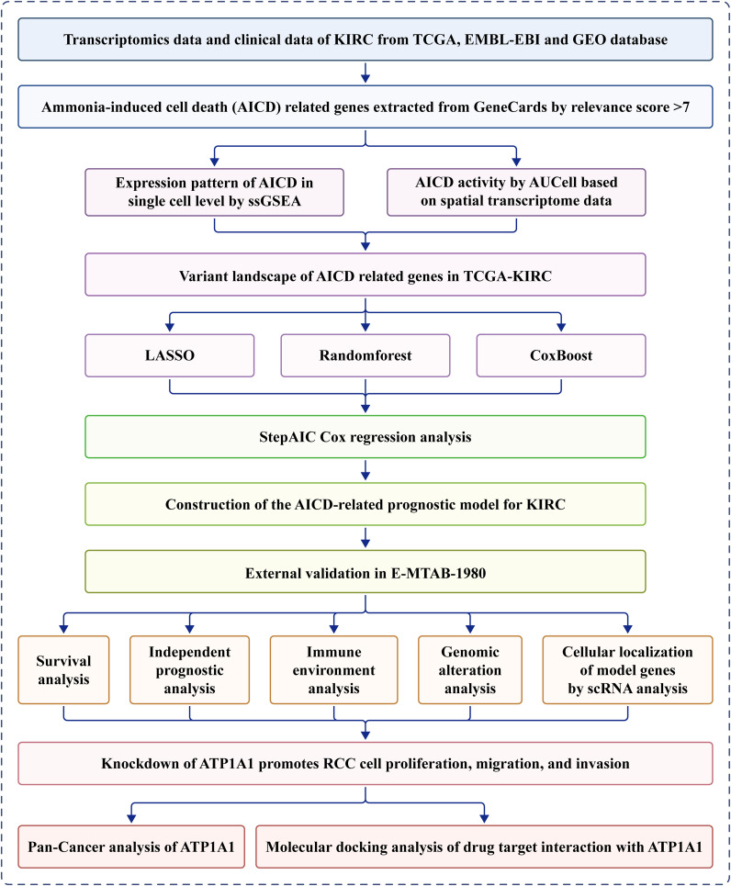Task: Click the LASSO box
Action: pos(170,355)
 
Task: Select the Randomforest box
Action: pos(365,355)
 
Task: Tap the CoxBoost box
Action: pos(561,355)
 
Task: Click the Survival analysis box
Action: pos(63,669)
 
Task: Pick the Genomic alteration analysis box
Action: pos(470,669)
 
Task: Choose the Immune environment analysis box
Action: pos(333,669)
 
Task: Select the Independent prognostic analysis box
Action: pos(189,669)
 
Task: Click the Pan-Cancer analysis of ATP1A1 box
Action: pos(131,847)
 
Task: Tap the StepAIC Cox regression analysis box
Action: pos(365,437)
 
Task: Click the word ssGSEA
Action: pos(275,201)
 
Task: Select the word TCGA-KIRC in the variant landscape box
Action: pos(508,276)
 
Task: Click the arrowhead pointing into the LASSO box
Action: pos(170,327)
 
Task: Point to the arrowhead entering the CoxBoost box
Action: pos(561,327)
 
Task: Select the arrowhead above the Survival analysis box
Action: pos(63,628)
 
